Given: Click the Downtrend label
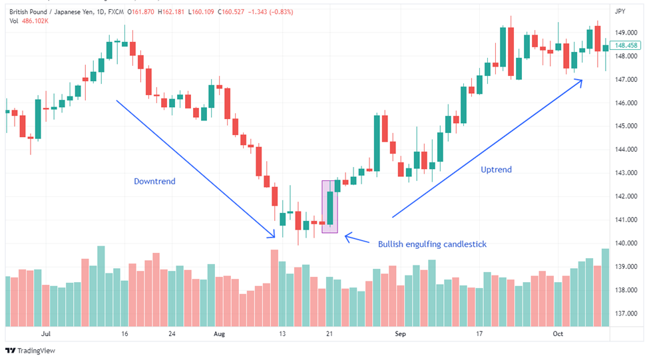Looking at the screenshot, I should coord(154,181).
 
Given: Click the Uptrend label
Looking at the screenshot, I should coord(496,170).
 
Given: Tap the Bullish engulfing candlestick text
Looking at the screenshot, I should coord(432,244).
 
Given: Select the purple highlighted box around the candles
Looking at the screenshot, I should coord(329,206).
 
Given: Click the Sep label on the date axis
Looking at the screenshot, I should coord(400,334).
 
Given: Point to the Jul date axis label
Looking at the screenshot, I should coord(46,334).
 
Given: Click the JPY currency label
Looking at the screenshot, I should coord(620,11).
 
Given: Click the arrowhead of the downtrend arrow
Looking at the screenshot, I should coord(273,235).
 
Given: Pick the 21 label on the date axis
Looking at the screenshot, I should coord(329,334).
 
